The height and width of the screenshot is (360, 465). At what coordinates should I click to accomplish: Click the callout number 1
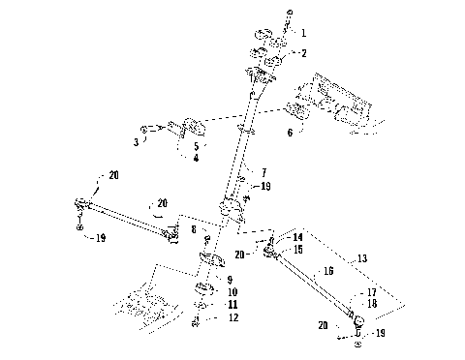pyautogui.click(x=303, y=33)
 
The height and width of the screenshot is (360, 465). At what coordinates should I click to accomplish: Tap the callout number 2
pyautogui.click(x=303, y=53)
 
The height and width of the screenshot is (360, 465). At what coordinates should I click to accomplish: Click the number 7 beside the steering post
pyautogui.click(x=262, y=171)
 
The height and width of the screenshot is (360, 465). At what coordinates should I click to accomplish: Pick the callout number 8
pyautogui.click(x=193, y=229)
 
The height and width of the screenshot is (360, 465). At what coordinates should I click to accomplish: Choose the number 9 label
pyautogui.click(x=229, y=279)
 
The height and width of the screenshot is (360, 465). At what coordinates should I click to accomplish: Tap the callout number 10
pyautogui.click(x=232, y=291)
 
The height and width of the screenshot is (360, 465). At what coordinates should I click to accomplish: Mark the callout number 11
pyautogui.click(x=232, y=305)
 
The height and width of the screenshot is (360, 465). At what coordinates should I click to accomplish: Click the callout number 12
pyautogui.click(x=232, y=318)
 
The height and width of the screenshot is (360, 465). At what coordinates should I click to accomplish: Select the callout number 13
pyautogui.click(x=361, y=258)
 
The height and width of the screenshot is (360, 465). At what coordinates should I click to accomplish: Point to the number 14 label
pyautogui.click(x=298, y=237)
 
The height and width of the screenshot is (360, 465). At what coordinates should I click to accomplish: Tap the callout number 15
pyautogui.click(x=298, y=250)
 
